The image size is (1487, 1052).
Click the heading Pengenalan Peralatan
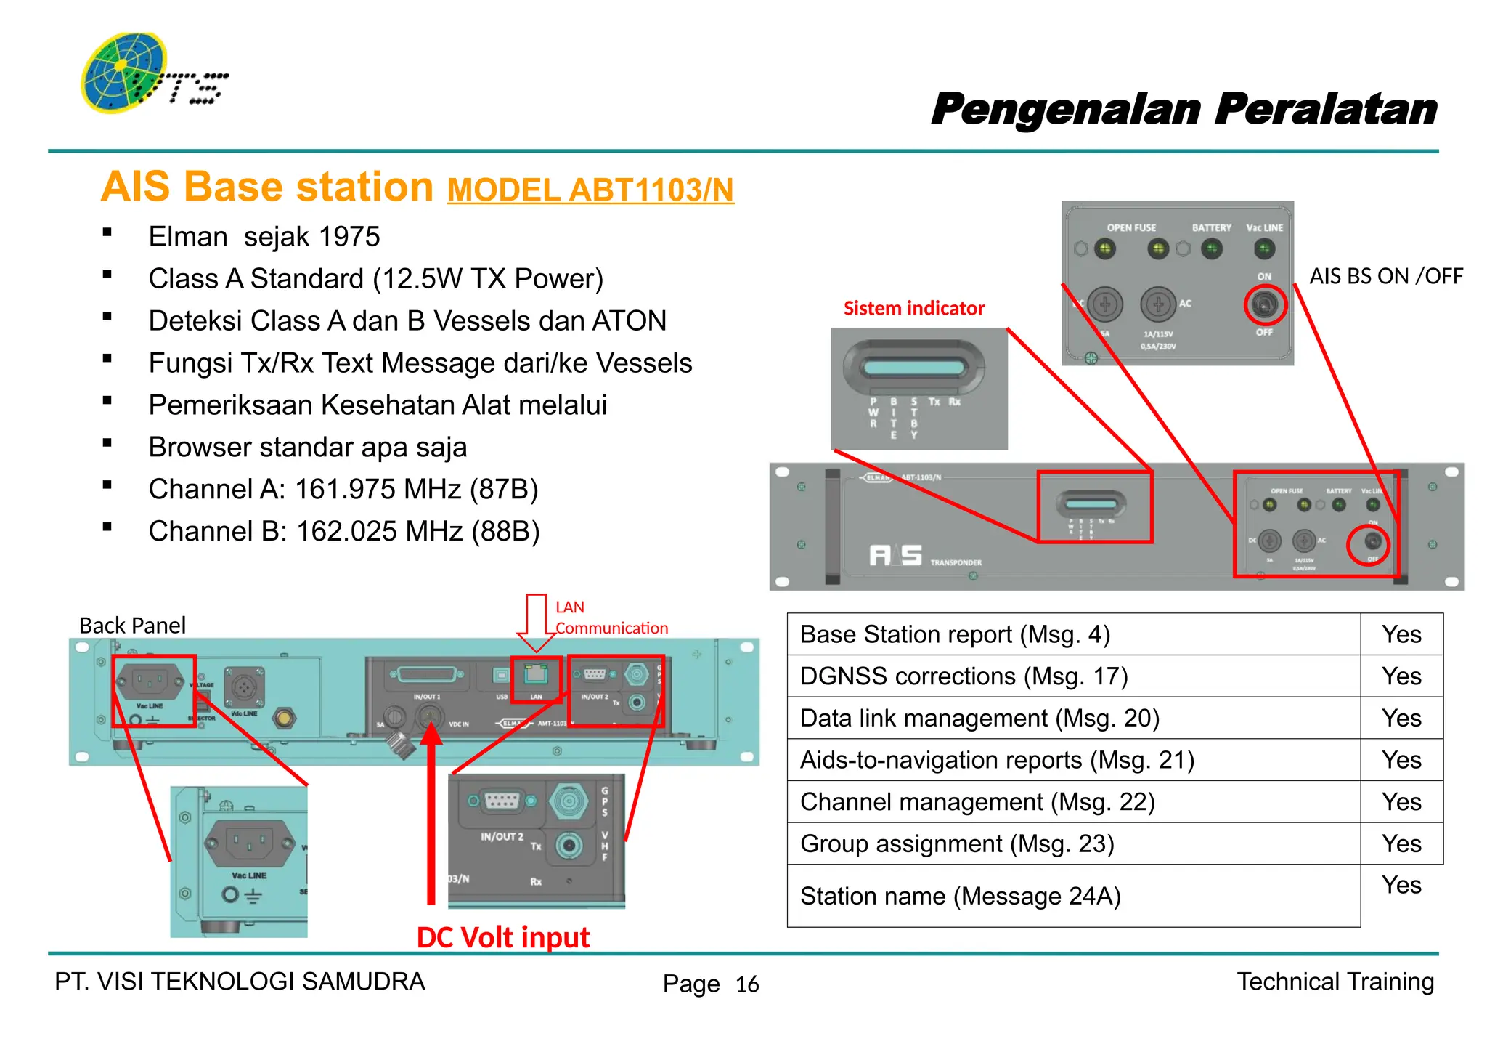point(1184,110)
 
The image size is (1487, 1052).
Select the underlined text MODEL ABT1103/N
point(590,190)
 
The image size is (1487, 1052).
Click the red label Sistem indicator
point(913,309)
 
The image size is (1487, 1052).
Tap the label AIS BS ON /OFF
point(1385,277)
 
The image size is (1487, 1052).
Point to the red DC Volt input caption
point(502,937)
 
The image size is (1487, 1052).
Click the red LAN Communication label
point(611,618)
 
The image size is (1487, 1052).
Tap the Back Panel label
point(132,626)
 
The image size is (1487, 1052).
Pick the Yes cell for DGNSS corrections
point(1401,676)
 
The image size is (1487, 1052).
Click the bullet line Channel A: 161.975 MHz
point(343,490)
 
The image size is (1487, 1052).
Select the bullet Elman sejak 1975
point(264,237)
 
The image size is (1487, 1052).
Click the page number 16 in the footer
point(746,984)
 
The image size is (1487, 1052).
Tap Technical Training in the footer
point(1335,982)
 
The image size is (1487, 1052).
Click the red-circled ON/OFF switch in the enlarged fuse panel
point(1265,304)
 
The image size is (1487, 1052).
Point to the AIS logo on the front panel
point(896,555)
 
